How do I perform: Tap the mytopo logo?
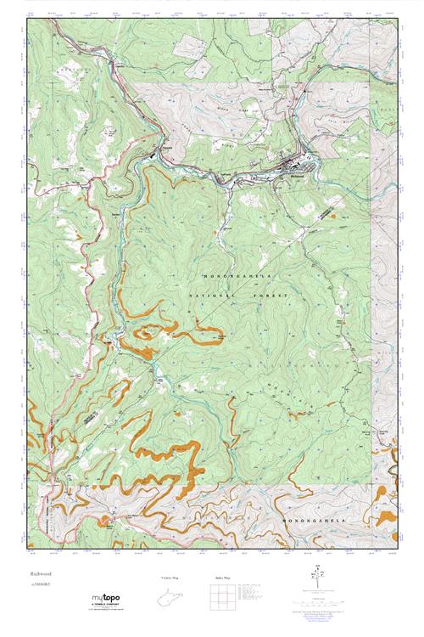pyautogui.click(x=107, y=600)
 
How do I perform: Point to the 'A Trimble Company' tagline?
pyautogui.click(x=107, y=608)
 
